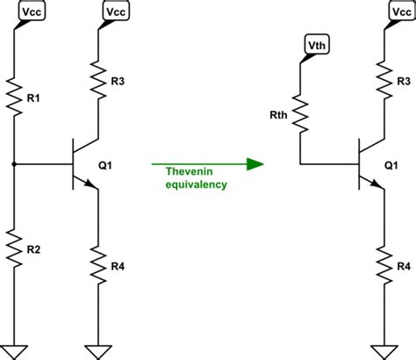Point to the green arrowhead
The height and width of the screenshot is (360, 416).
[x=255, y=164]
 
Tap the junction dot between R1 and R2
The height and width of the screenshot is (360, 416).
[x=14, y=164]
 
